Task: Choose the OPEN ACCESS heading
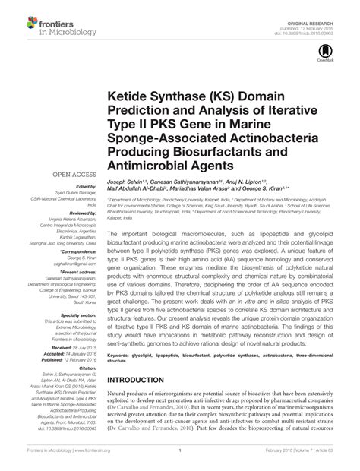[71, 174]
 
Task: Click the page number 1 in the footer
[180, 460]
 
